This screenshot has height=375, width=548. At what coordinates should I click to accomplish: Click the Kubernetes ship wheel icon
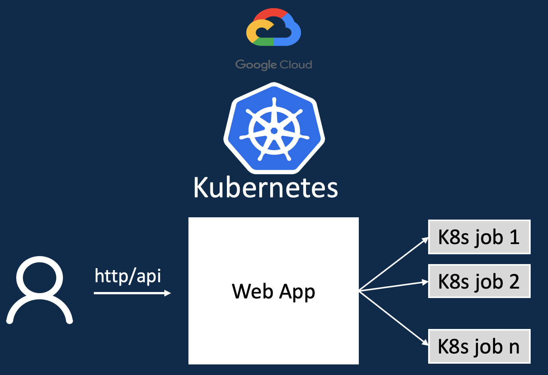pos(274,129)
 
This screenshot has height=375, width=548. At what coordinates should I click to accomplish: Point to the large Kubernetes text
pos(266,187)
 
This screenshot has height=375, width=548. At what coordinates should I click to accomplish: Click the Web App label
pos(273,292)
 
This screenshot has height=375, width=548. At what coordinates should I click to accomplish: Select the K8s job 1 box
pos(479,237)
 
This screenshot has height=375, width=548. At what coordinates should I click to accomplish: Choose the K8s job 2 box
pos(479,281)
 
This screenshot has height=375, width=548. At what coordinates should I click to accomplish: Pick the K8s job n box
pos(479,346)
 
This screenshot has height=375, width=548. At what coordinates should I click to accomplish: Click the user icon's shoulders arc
pos(40,310)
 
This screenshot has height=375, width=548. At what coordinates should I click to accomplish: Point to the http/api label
pos(128,276)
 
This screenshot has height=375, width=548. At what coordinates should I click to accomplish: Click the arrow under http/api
pos(132,293)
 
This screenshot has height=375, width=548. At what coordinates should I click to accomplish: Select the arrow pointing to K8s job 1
pos(394,264)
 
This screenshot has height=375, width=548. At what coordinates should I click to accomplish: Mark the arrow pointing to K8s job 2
pos(394,286)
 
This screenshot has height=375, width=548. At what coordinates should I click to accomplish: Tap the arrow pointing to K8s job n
pos(394,317)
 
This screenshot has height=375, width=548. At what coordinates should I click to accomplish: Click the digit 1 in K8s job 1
pos(514,237)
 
